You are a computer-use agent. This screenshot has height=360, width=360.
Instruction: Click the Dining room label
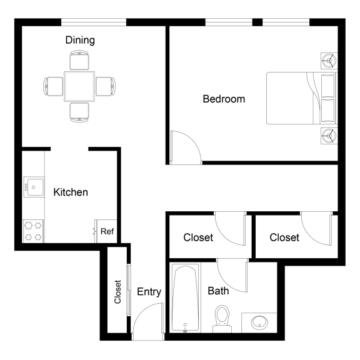pyautogui.click(x=80, y=41)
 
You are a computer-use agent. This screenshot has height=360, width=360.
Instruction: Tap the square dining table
pyautogui.click(x=79, y=86)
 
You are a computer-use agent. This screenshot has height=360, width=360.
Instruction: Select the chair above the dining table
pyautogui.click(x=79, y=61)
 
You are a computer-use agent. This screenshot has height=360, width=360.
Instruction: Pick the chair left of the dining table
pyautogui.click(x=54, y=86)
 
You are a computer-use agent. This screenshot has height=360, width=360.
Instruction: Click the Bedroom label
pyautogui.click(x=224, y=99)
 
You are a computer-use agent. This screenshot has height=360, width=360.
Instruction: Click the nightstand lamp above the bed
pyautogui.click(x=329, y=61)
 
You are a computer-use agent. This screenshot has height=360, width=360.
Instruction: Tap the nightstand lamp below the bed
pyautogui.click(x=329, y=135)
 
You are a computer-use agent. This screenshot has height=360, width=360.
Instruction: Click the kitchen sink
pyautogui.click(x=33, y=187)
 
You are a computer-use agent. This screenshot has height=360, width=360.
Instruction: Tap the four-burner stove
pyautogui.click(x=33, y=231)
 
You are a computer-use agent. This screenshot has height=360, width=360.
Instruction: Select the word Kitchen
pyautogui.click(x=71, y=192)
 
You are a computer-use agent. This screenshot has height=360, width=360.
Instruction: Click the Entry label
pyautogui.click(x=149, y=291)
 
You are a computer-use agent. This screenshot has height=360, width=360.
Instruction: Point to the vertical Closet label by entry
pyautogui.click(x=117, y=291)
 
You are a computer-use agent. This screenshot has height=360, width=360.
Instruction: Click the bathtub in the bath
pyautogui.click(x=186, y=298)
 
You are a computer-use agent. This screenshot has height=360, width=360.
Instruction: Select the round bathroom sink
pyautogui.click(x=259, y=322)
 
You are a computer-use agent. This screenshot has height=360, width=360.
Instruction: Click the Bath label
pyautogui.click(x=218, y=291)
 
